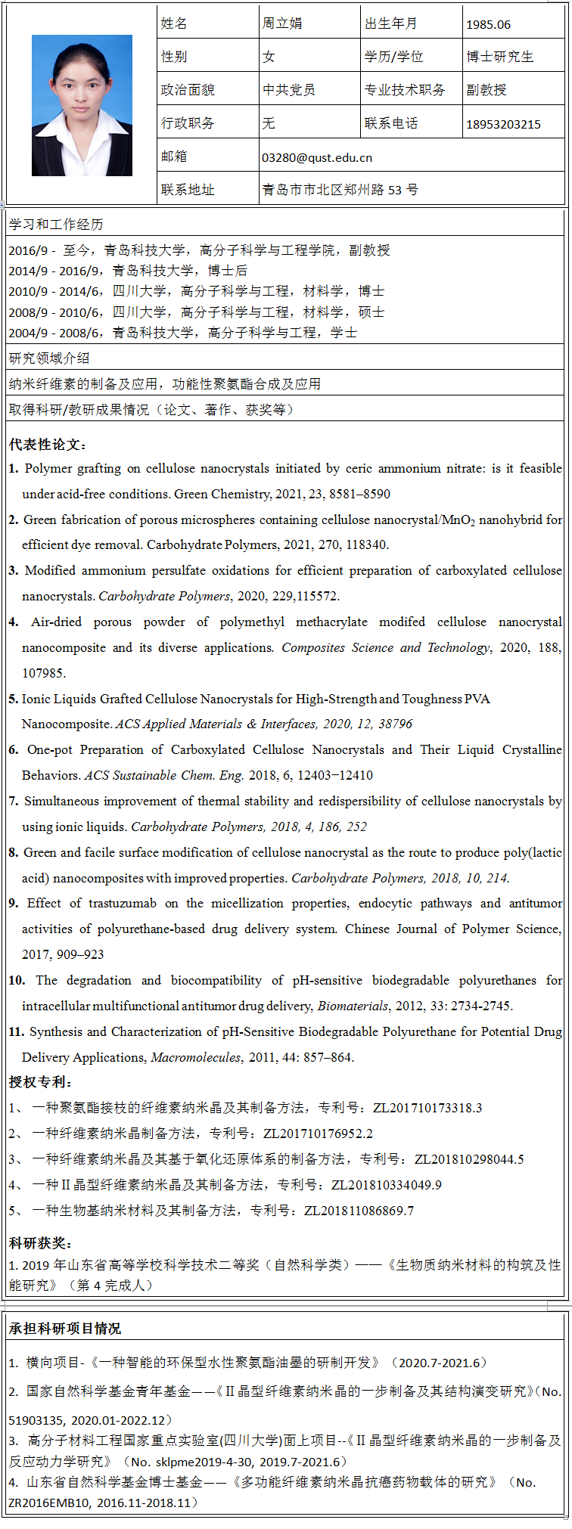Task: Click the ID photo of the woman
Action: (x=82, y=105)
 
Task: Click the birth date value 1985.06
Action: (x=488, y=24)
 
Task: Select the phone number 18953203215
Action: (x=503, y=124)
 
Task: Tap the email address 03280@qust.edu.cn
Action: (x=317, y=157)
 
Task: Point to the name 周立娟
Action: (x=282, y=23)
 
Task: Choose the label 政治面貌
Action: (x=188, y=90)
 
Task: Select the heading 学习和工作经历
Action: (x=56, y=225)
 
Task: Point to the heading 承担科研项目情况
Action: (x=65, y=1329)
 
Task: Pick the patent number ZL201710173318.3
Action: (x=427, y=1108)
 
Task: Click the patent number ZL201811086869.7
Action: (x=359, y=1211)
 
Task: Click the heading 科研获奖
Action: (x=40, y=1243)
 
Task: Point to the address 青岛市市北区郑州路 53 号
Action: (x=340, y=190)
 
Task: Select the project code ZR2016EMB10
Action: (x=45, y=1503)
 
